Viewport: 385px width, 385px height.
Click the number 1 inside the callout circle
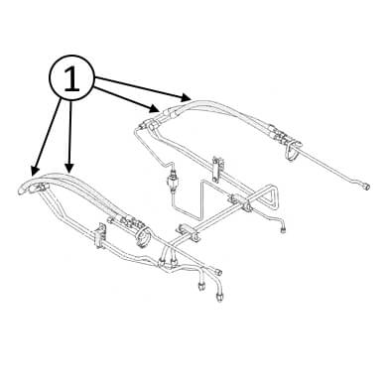click(x=72, y=78)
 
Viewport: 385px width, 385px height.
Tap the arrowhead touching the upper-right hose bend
click(x=187, y=97)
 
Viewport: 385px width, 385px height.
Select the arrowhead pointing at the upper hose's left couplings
click(x=155, y=108)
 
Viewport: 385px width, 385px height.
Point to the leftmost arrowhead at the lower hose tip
click(x=34, y=171)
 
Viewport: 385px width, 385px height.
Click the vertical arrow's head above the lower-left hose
click(x=68, y=168)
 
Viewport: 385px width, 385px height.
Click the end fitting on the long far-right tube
click(x=366, y=187)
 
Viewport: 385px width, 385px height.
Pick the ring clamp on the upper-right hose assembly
click(x=294, y=151)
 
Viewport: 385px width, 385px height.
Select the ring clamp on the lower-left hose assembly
click(x=143, y=236)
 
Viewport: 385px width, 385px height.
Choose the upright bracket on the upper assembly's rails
click(x=217, y=169)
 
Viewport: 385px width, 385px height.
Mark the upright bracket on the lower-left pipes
click(x=99, y=235)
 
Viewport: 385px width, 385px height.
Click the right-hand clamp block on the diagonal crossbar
click(x=239, y=201)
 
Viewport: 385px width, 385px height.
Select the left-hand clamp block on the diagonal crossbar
click(x=189, y=231)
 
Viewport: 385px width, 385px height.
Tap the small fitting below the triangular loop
click(x=284, y=229)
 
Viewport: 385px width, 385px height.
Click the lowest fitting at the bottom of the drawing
click(x=219, y=297)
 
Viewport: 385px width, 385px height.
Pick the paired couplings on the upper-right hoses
click(x=277, y=134)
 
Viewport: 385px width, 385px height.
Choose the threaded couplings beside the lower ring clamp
click(x=126, y=221)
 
